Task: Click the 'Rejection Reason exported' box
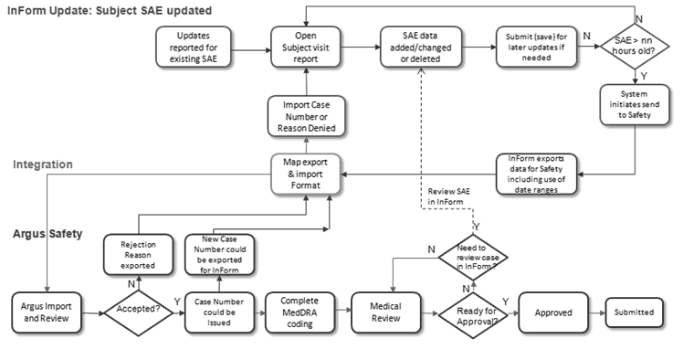coord(137,255)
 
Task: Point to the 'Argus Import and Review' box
coord(47,312)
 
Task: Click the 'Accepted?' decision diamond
coord(137,312)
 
